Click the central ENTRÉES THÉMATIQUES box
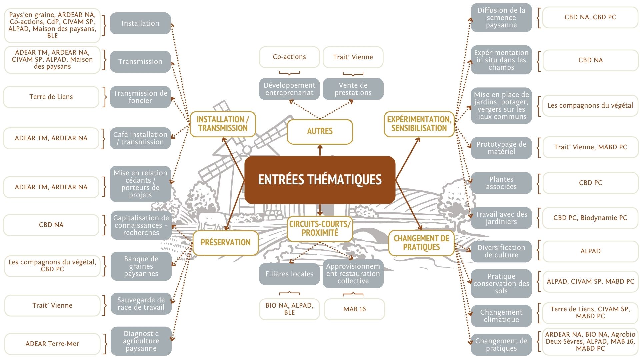pos(320,180)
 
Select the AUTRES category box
pos(320,131)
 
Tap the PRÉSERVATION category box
pos(225,243)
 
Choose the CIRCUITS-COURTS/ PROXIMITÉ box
pos(320,229)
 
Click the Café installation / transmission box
pos(140,138)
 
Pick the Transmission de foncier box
pos(140,97)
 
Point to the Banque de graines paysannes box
pos(141,266)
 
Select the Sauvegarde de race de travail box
pos(141,304)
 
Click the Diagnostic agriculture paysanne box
pos(141,341)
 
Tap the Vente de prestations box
pos(353,89)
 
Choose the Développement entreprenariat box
pos(289,89)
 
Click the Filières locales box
pos(289,274)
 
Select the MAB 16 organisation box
pos(354,309)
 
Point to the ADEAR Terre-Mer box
pos(52,344)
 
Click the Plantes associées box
pos(501,183)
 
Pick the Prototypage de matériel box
pos(501,148)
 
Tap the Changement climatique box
pos(501,316)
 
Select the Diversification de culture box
pos(501,251)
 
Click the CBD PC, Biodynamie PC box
pos(590,218)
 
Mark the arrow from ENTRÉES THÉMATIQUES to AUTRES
pos(320,150)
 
